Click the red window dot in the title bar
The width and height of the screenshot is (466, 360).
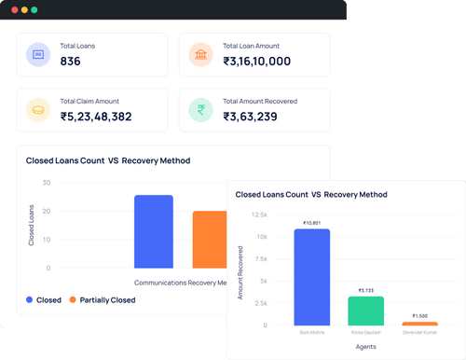14,9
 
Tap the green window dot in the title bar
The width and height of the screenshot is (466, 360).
34,9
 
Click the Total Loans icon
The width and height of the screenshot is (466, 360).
39,56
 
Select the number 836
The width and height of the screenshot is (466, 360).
70,62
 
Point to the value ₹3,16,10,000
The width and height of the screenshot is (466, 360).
257,62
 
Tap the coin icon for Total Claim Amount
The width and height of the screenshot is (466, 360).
39,110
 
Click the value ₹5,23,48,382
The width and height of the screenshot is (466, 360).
96,117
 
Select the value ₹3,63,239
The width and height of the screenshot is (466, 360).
249,117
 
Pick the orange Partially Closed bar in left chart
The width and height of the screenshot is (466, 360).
209,240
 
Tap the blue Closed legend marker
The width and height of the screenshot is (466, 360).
31,300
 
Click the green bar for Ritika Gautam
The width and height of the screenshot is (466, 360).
365,311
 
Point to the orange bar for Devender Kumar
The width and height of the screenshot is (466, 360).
419,324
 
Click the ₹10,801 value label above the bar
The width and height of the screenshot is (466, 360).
311,223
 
